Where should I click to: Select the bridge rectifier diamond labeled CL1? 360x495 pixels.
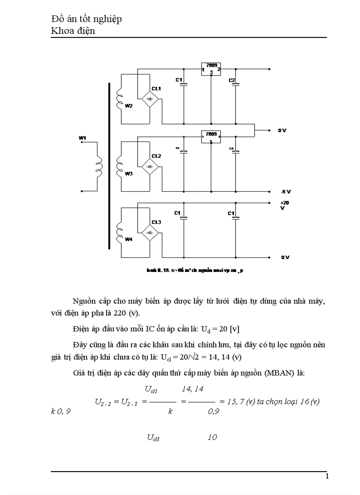150,100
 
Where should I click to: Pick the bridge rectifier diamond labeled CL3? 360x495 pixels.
150,232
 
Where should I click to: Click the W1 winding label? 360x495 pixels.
82,138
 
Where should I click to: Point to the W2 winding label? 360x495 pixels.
128,106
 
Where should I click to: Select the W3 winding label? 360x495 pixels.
128,174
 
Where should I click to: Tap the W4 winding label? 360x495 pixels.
128,239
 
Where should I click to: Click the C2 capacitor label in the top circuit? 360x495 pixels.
232,80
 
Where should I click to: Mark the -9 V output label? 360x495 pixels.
285,192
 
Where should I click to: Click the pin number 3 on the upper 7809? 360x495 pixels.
211,72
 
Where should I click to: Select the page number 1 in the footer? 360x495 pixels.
327,476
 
